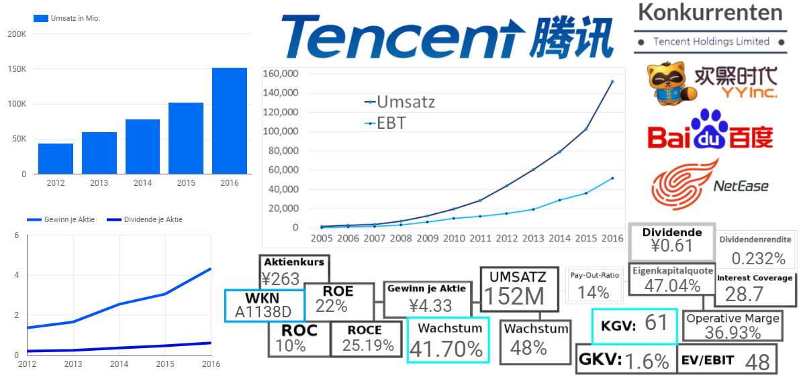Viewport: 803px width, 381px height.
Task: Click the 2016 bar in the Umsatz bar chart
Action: point(230,121)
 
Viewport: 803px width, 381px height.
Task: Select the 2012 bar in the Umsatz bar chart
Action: point(56,158)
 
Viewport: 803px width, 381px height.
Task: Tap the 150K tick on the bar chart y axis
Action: point(17,69)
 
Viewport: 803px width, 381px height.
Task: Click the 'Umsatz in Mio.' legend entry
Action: point(75,18)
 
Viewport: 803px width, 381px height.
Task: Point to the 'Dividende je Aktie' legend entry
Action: point(152,219)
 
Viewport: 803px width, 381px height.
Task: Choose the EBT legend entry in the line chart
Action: point(391,123)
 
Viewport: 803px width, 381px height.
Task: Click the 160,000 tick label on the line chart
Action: point(280,73)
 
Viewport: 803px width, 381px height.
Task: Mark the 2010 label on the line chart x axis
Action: point(455,238)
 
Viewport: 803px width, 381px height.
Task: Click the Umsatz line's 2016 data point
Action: point(612,82)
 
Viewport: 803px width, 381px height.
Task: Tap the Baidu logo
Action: point(710,129)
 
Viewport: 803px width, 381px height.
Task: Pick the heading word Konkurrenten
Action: point(710,12)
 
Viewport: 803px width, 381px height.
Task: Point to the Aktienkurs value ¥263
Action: point(281,278)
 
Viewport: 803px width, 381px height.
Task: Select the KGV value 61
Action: point(656,323)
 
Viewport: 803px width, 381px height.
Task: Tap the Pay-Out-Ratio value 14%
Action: point(594,292)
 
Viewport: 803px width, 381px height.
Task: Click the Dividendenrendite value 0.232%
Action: point(758,258)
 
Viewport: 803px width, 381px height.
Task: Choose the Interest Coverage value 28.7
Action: point(745,293)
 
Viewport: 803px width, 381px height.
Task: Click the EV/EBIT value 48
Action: point(757,362)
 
